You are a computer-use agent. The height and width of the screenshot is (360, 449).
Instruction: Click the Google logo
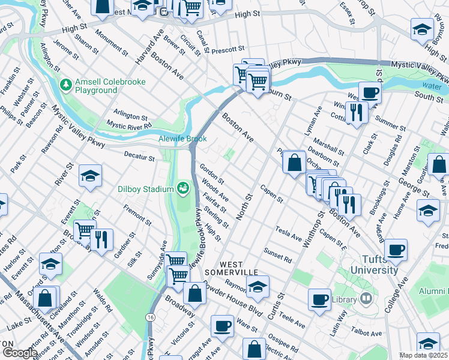point(19,353)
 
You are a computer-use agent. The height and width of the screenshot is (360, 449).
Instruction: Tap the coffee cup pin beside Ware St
point(223,326)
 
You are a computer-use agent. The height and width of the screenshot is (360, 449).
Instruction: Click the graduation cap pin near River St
point(90,176)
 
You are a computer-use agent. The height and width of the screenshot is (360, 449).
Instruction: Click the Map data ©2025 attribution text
point(424,355)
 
